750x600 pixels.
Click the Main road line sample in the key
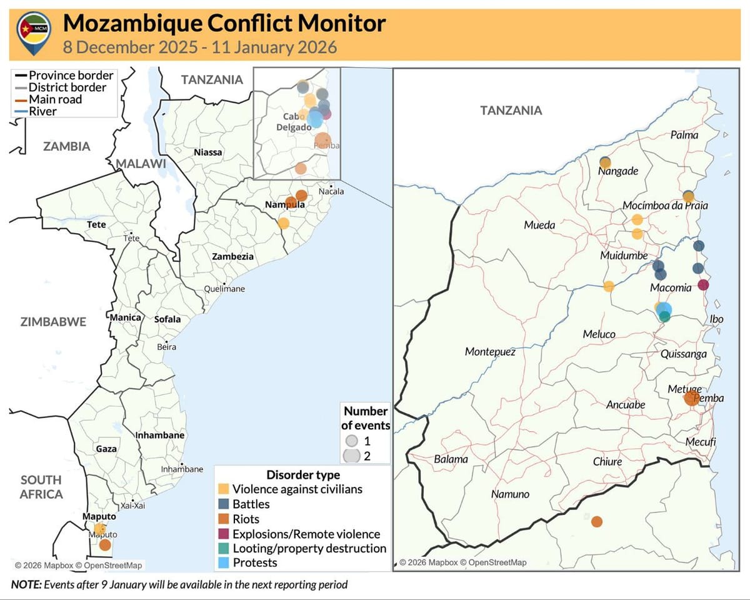coord(20,99)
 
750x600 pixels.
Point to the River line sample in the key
coord(20,111)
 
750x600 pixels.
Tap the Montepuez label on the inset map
coord(490,352)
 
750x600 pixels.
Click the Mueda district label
coord(539,224)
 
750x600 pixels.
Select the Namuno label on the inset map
coord(510,494)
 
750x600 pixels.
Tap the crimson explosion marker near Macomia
coord(703,285)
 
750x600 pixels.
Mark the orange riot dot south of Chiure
coord(597,521)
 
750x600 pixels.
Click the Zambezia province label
coord(232,257)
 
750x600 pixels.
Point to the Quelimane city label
coord(224,289)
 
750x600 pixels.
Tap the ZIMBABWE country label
coord(53,322)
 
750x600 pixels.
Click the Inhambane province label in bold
coord(159,435)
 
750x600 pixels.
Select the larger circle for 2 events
coord(352,456)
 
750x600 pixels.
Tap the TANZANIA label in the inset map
coord(511,111)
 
